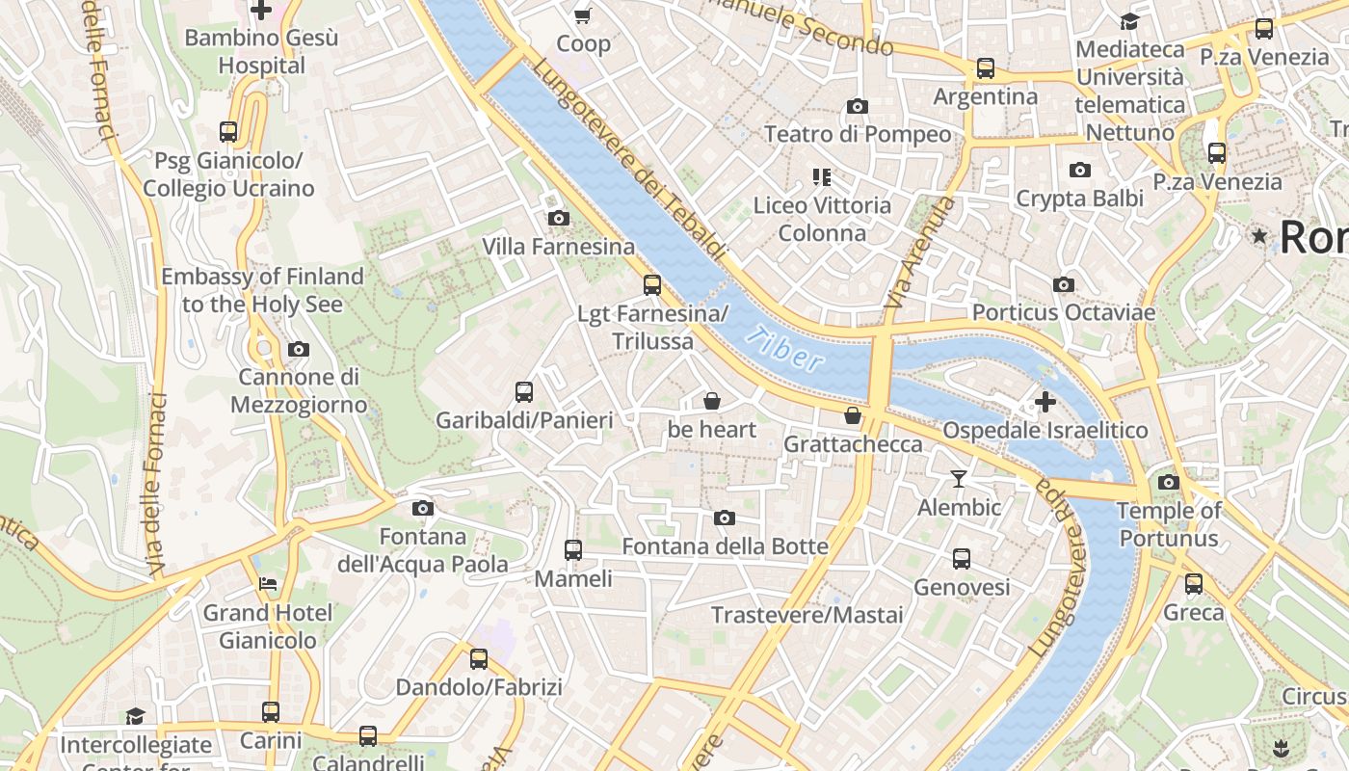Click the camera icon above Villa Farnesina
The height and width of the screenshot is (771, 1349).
click(x=558, y=218)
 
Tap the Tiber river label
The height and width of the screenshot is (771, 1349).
click(x=786, y=349)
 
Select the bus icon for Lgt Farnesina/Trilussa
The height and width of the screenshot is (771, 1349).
click(x=652, y=284)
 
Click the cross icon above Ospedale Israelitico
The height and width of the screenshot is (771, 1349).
click(x=1045, y=401)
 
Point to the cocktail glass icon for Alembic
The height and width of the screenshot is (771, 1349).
click(x=958, y=478)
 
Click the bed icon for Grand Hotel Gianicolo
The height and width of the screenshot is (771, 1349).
click(x=268, y=584)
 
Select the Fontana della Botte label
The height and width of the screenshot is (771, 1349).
click(x=725, y=546)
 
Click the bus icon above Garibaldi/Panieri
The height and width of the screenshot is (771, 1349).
click(x=524, y=391)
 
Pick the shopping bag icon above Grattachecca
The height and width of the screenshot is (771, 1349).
click(x=853, y=415)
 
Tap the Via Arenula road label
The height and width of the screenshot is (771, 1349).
click(x=920, y=253)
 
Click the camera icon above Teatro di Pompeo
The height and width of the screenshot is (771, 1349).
click(x=857, y=106)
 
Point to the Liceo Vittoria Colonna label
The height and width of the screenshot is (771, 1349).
click(x=822, y=219)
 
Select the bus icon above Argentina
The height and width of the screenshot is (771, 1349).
click(x=985, y=68)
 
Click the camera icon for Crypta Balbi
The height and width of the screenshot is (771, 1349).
click(x=1080, y=170)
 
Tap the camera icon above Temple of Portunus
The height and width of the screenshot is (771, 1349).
click(x=1168, y=482)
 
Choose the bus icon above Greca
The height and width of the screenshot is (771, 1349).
click(x=1194, y=583)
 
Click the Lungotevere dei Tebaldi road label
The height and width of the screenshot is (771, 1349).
click(x=627, y=160)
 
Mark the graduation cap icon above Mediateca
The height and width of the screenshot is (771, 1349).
click(x=1129, y=21)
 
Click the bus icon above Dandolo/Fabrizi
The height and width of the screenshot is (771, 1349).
click(x=479, y=659)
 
